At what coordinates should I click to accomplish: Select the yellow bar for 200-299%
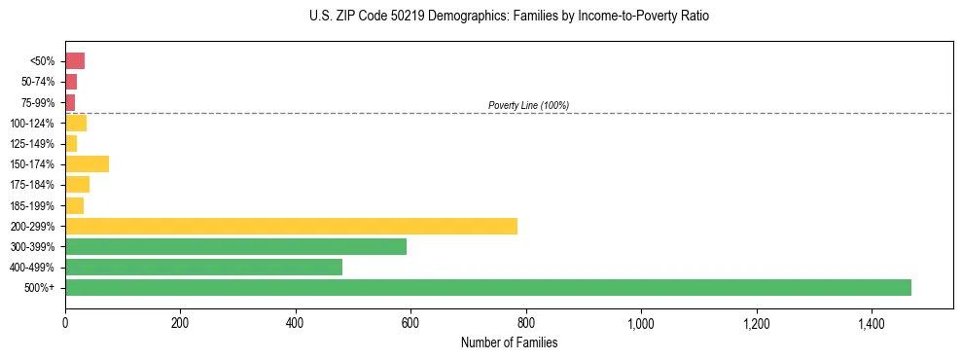[291, 226]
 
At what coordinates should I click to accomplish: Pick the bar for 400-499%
[203, 267]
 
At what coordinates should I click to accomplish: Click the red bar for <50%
[75, 61]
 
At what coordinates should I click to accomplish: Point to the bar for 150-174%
[87, 163]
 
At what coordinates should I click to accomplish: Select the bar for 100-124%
[76, 123]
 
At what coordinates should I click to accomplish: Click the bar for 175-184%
[77, 184]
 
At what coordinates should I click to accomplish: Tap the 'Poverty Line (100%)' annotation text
[528, 105]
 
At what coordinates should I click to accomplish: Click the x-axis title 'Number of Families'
[509, 342]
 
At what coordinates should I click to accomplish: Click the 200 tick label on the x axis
[180, 323]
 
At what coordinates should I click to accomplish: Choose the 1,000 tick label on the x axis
[641, 323]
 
